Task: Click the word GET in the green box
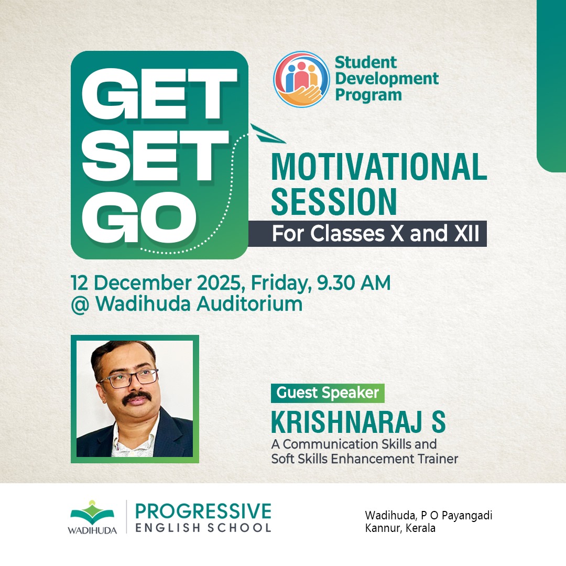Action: [x=159, y=93]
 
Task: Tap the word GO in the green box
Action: [x=139, y=217]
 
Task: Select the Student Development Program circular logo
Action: [x=301, y=80]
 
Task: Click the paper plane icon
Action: [x=267, y=134]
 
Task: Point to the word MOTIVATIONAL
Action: [x=379, y=167]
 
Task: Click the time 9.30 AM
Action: [x=354, y=282]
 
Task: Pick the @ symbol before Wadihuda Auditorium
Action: [x=80, y=305]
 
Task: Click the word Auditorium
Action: [x=249, y=304]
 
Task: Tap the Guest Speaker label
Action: [x=328, y=393]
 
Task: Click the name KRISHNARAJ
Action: [x=347, y=421]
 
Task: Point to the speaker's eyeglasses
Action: [x=129, y=379]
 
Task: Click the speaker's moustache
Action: [x=137, y=398]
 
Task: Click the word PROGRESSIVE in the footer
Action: [x=203, y=511]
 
